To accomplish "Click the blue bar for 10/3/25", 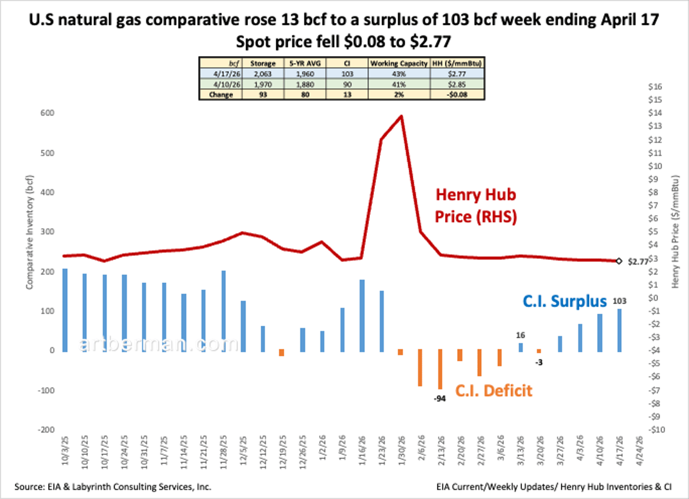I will click(x=65, y=310).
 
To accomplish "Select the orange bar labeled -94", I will click(x=440, y=370).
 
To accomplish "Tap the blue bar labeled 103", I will click(x=620, y=330).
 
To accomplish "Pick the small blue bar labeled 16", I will click(x=521, y=347).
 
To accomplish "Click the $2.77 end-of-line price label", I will click(x=637, y=262).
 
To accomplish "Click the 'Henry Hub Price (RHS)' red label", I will click(x=476, y=206).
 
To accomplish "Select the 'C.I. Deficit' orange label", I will click(x=494, y=391).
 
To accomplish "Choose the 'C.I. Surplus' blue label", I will click(x=564, y=302).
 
